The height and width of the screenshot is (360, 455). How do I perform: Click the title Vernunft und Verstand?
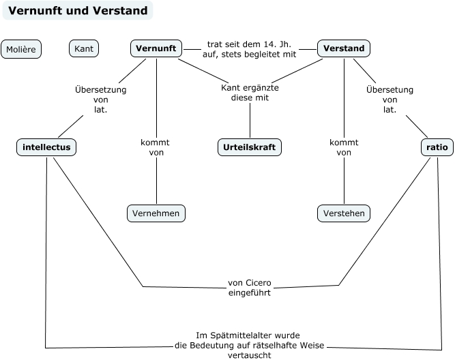[x=77, y=11]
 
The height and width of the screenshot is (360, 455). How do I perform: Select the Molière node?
[x=21, y=49]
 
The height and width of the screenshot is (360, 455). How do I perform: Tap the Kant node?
[x=84, y=48]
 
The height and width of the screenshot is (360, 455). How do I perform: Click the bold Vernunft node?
[x=156, y=48]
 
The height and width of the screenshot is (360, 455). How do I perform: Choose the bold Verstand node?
[x=344, y=48]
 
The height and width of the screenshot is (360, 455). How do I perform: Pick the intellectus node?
[x=46, y=147]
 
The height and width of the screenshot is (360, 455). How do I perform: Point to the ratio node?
[x=436, y=147]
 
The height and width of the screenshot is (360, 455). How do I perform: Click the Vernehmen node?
[x=156, y=213]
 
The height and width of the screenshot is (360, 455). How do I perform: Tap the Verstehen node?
[x=344, y=213]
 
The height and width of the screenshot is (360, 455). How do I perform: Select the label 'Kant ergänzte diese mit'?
[x=250, y=93]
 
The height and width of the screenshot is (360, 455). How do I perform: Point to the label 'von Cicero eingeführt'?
[x=249, y=287]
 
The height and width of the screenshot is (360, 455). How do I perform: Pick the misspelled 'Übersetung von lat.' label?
[x=390, y=99]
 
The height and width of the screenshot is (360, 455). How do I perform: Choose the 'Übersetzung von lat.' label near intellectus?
[x=100, y=99]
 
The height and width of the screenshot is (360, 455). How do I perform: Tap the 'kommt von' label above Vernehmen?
[x=155, y=147]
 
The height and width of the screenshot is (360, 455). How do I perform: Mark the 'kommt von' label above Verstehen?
[x=344, y=147]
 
